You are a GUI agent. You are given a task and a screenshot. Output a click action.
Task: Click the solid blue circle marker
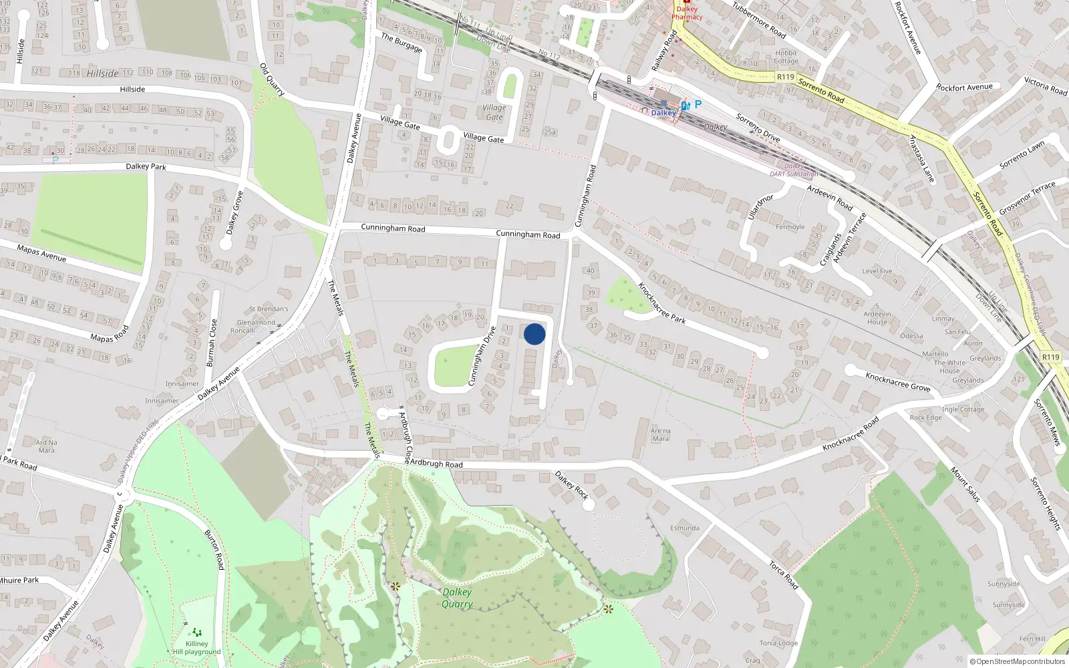click(x=534, y=334)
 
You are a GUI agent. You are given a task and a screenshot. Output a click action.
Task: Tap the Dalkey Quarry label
click(x=457, y=598)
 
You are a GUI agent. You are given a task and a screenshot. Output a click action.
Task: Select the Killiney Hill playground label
click(x=196, y=648)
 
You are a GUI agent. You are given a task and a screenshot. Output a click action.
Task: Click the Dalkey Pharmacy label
click(x=687, y=13)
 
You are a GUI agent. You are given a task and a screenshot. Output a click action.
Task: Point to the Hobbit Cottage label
click(x=786, y=57)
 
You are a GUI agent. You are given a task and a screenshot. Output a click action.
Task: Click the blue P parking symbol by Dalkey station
click(x=698, y=104)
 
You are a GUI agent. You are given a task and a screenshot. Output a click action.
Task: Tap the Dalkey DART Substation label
click(x=794, y=170)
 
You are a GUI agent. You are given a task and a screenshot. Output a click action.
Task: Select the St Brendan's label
click(x=269, y=309)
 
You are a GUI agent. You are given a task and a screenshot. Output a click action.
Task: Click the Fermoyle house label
click(x=790, y=227)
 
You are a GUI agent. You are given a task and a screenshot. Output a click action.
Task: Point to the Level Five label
click(x=877, y=271)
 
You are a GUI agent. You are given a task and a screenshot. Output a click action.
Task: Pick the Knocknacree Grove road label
click(x=898, y=381)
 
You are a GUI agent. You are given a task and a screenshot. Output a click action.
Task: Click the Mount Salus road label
click(x=965, y=484)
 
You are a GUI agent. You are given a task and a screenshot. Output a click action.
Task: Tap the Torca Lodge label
click(x=778, y=643)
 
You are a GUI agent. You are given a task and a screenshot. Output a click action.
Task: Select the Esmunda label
click(x=685, y=528)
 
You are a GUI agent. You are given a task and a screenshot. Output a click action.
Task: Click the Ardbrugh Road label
click(x=436, y=464)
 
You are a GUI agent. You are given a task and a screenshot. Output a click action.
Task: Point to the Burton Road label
click(x=214, y=549)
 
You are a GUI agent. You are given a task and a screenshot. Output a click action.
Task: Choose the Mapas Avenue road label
click(x=41, y=253)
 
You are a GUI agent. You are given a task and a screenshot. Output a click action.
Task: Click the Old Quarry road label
click(x=273, y=79)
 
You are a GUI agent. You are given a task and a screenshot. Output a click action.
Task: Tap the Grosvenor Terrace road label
click(x=1028, y=198)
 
